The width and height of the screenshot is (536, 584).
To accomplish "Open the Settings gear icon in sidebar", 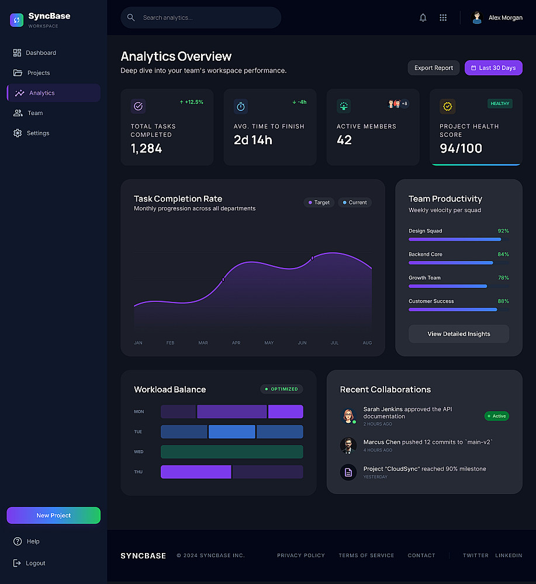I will pos(18,133).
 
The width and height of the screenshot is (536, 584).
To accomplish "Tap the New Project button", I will pos(54,515).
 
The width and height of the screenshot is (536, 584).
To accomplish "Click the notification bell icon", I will pos(423,18).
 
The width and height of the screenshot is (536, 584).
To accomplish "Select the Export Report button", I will pos(434,68).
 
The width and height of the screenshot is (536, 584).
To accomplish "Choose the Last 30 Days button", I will pos(493,68).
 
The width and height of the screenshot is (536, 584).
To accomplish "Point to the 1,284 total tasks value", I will pos(147,148).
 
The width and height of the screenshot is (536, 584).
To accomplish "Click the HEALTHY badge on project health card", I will pos(500,103).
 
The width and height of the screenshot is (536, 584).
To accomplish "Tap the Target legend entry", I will pos(319,203).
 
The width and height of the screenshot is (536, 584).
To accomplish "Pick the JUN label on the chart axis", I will pos(302,343).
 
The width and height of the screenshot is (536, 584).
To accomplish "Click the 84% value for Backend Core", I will pos(503,255).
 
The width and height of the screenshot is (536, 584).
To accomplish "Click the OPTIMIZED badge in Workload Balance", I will pos(282,389).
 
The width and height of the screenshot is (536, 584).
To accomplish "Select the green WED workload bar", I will pos(231,451).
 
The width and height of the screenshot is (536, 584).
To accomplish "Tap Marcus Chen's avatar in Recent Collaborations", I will pos(348,446).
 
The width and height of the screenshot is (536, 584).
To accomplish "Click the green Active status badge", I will pos(497,416).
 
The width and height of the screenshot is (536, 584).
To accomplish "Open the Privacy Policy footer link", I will pos(301,555).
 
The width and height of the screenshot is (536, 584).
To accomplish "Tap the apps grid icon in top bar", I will pos(443,18).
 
